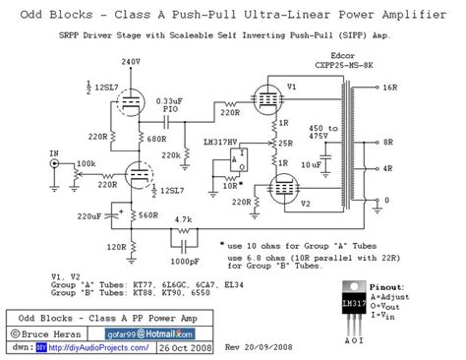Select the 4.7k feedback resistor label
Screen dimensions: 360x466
click(182, 219)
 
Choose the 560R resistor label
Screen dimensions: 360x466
click(148, 213)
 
